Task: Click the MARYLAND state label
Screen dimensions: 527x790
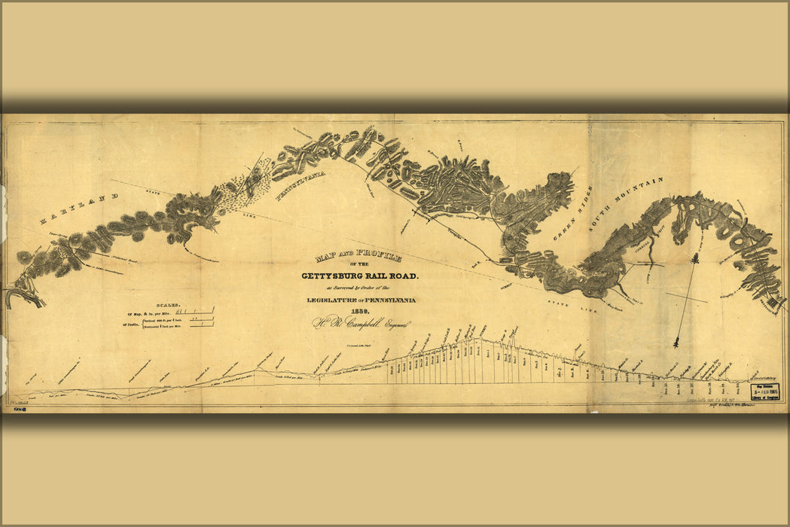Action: pyautogui.click(x=79, y=209)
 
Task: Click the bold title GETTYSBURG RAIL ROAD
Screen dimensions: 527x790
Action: pyautogui.click(x=360, y=276)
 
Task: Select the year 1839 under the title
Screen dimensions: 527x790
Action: pyautogui.click(x=359, y=312)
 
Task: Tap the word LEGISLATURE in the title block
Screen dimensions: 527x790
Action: pyautogui.click(x=331, y=300)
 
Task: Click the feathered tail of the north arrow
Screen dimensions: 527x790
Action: pyautogui.click(x=677, y=342)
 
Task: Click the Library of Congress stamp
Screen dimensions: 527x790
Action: pyautogui.click(x=765, y=392)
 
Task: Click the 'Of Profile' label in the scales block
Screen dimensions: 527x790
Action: pyautogui.click(x=133, y=324)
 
